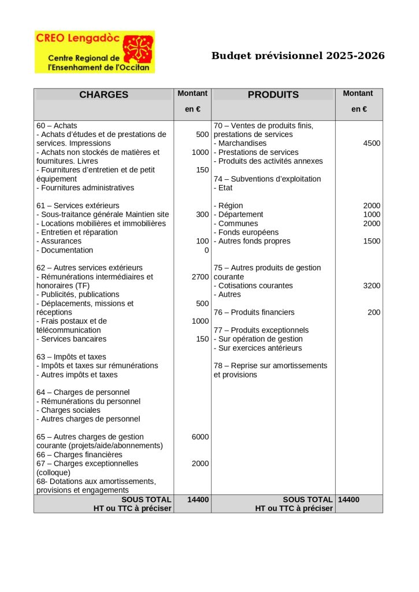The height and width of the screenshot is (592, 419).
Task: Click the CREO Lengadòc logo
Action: click(x=95, y=52)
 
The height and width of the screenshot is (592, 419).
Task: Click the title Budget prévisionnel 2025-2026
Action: click(x=298, y=56)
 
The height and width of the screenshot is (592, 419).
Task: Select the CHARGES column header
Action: click(x=104, y=95)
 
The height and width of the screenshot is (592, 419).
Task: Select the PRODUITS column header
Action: click(x=273, y=95)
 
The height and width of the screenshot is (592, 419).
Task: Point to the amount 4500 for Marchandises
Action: click(x=372, y=143)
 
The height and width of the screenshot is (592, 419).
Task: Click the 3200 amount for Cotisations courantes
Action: click(x=372, y=286)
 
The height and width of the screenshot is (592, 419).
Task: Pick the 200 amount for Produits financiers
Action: click(x=374, y=312)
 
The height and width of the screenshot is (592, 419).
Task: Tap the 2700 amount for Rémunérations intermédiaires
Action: click(x=200, y=277)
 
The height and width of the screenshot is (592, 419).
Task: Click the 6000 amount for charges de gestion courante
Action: click(x=200, y=437)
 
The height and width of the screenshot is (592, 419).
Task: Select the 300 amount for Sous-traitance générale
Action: click(x=202, y=214)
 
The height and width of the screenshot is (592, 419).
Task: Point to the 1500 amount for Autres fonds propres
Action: click(x=372, y=241)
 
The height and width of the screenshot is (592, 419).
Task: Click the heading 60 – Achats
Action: click(x=57, y=125)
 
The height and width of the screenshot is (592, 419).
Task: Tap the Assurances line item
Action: click(x=59, y=241)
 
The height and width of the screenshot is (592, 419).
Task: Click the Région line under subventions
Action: click(x=228, y=206)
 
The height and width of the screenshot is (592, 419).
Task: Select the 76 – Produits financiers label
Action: click(x=254, y=312)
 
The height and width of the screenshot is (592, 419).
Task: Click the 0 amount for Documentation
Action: click(x=206, y=250)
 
